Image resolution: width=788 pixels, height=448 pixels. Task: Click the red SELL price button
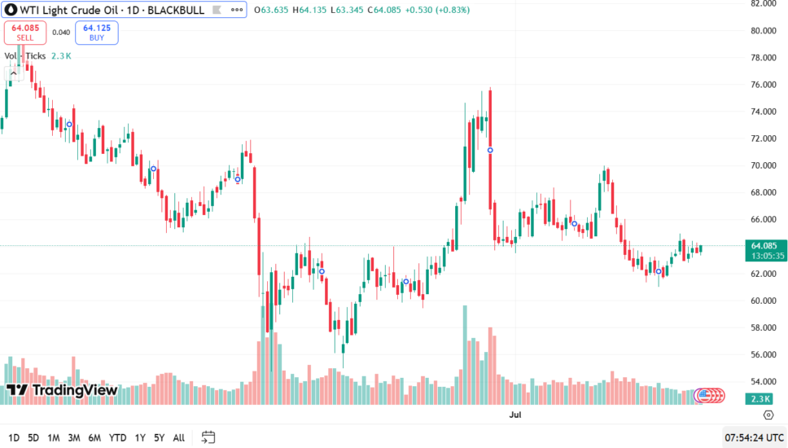tap(24, 33)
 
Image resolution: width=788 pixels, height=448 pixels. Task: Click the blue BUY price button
tap(97, 33)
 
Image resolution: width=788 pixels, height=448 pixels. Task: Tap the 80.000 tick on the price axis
tap(765, 30)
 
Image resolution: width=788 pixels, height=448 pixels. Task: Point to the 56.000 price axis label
tap(765, 354)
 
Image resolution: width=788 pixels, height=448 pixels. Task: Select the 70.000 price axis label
tap(765, 165)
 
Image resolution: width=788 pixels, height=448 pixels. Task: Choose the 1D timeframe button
tap(14, 437)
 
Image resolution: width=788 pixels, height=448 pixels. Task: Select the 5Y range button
tap(159, 437)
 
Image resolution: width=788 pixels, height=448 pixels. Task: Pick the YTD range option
tap(118, 437)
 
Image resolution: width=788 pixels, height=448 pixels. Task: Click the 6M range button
tap(94, 437)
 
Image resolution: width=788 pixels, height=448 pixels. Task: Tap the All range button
tap(179, 437)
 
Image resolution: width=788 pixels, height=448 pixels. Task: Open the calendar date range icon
tap(208, 437)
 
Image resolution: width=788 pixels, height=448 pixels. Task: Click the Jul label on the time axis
tap(514, 415)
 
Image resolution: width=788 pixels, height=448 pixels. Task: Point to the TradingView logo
tap(62, 390)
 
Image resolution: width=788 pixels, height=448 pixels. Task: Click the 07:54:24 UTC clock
tap(755, 437)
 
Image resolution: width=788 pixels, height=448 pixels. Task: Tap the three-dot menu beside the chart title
tap(235, 10)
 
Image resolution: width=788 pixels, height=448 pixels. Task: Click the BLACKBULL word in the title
tap(176, 10)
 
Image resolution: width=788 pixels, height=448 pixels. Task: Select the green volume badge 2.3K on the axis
tap(761, 398)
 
